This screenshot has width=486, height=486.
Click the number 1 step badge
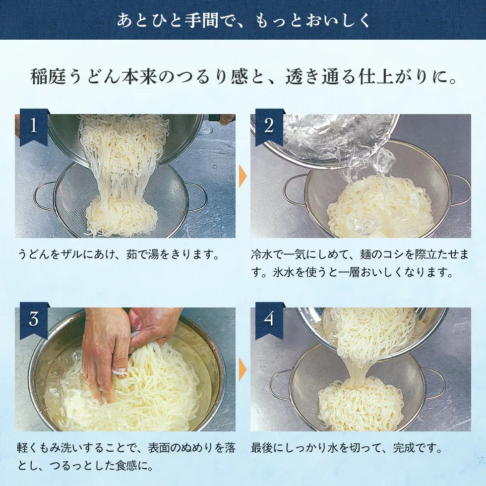[x=34, y=126]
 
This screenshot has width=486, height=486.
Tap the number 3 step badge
[x=34, y=319]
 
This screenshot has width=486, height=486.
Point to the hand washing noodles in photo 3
[x=107, y=352]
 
